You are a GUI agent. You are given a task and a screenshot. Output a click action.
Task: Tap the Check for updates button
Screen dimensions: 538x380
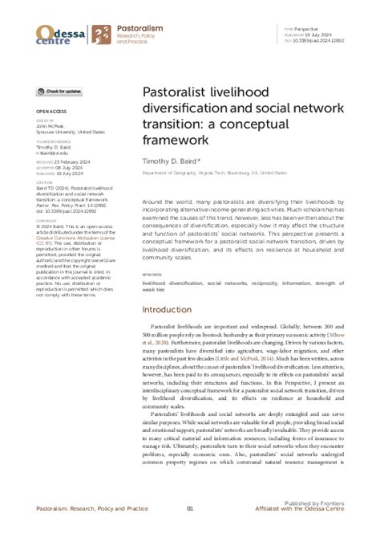click(x=59, y=93)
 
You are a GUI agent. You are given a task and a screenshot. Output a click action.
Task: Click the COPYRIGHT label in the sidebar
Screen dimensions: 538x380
click(x=47, y=220)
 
